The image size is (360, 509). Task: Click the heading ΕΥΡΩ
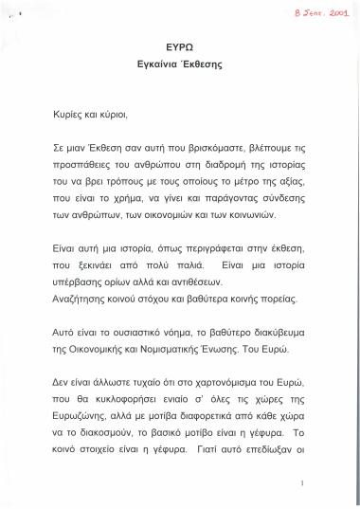pyautogui.click(x=180, y=45)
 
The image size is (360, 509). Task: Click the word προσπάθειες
pyautogui.click(x=83, y=165)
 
